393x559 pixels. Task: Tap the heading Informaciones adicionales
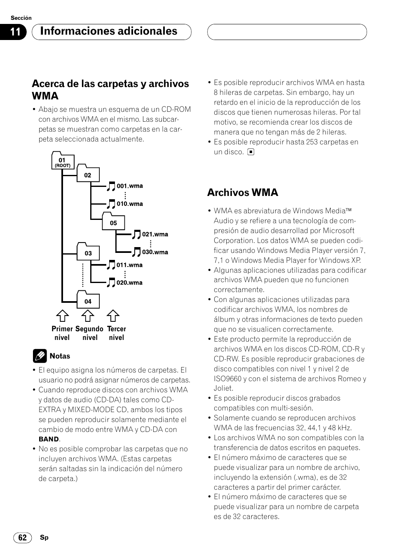[x=109, y=31]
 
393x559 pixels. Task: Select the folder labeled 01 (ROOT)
[x=62, y=161]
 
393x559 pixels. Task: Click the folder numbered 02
[x=88, y=175]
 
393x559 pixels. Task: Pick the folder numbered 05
[x=113, y=222]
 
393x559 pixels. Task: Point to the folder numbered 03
[x=88, y=252]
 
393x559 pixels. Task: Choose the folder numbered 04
[x=88, y=301]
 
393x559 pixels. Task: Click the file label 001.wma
[x=129, y=186]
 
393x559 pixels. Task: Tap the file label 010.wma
[x=129, y=204]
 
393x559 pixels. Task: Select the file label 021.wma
[x=155, y=234]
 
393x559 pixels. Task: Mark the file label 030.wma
[x=155, y=252]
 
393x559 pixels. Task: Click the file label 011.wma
[x=129, y=265]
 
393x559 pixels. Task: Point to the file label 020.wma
[x=129, y=283]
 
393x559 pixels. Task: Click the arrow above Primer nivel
[x=62, y=316]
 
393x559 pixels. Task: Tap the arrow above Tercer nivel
[x=113, y=316]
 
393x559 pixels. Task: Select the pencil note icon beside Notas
[x=40, y=356]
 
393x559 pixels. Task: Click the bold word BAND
[x=49, y=439]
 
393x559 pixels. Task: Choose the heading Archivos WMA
[x=243, y=192]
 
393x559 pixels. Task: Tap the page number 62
[x=22, y=538]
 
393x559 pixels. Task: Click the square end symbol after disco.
[x=251, y=152]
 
